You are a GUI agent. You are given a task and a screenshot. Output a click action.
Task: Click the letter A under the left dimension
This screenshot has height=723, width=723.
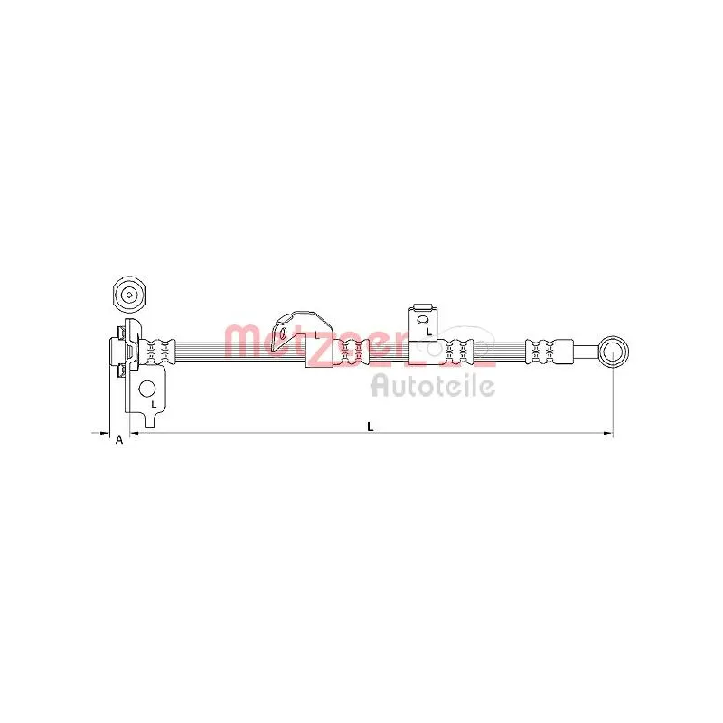click(x=119, y=440)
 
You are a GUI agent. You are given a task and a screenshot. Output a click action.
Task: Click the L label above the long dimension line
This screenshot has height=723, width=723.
click(x=370, y=427)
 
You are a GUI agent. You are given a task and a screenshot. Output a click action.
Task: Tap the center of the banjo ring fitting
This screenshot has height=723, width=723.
click(x=613, y=352)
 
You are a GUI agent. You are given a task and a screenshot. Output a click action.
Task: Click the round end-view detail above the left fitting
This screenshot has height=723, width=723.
click(x=129, y=295)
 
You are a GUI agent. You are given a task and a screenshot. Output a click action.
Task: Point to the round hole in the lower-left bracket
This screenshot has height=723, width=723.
click(x=147, y=390)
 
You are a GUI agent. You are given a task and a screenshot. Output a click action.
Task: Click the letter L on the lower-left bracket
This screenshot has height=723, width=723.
click(x=154, y=404)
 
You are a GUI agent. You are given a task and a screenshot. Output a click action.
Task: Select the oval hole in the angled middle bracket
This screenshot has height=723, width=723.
click(x=283, y=333)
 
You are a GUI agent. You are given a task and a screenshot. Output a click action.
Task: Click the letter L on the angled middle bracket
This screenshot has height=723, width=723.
click(x=317, y=334)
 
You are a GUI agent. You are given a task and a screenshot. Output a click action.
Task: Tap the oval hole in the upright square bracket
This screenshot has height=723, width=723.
click(x=422, y=320)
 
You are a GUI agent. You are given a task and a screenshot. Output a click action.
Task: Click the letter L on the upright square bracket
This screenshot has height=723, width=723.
click(x=428, y=332)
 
